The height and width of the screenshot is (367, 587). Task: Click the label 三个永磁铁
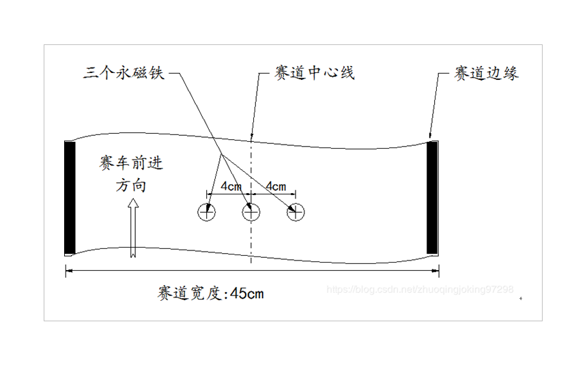tap(124, 72)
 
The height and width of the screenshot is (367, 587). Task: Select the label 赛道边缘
tap(486, 73)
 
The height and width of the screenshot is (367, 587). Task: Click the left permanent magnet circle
tap(207, 212)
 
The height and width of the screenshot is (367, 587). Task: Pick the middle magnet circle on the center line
tap(251, 212)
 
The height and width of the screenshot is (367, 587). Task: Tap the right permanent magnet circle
tap(295, 212)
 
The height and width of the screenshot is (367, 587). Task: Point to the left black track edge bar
tap(70, 197)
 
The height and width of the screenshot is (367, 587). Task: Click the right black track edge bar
tap(432, 197)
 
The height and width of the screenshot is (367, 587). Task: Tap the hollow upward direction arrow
tap(134, 228)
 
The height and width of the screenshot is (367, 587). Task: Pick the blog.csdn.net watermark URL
tap(420, 290)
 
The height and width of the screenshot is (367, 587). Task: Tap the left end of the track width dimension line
tap(66, 271)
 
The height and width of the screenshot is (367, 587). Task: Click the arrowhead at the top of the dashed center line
tap(252, 134)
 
